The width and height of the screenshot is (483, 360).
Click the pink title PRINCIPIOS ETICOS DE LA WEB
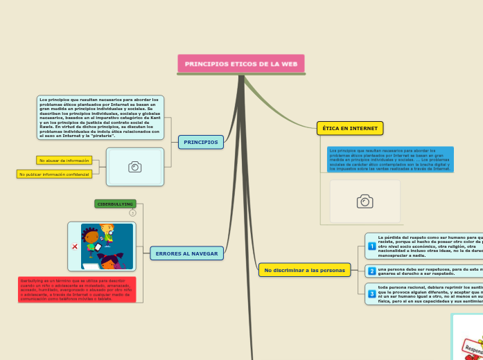(240, 64)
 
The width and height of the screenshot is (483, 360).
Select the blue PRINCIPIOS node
(201, 142)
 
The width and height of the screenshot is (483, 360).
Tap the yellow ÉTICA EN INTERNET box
(350, 128)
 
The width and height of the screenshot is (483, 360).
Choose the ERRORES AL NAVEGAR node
(186, 253)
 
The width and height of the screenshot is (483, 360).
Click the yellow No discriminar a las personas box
(304, 269)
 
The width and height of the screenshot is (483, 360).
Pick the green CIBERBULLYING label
(115, 204)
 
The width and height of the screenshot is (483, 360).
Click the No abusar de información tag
(64, 161)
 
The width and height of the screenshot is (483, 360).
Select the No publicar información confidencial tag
(54, 174)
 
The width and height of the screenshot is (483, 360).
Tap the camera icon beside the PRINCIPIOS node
(135, 167)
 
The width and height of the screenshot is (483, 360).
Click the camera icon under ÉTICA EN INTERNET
(365, 201)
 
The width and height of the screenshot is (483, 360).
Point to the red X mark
(74, 246)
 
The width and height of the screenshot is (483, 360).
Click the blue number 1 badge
(371, 246)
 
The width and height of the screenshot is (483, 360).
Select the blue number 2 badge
(371, 271)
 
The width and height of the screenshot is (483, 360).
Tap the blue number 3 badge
(371, 294)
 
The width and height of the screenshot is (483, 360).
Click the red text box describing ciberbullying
(77, 290)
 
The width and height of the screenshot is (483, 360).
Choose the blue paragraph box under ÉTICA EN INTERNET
(390, 159)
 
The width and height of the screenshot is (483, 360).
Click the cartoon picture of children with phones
(107, 246)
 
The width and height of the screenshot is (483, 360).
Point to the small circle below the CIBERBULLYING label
(132, 213)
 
